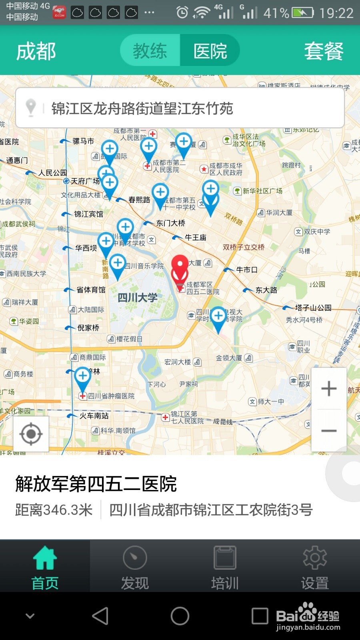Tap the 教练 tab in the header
[150, 51]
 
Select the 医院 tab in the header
[210, 51]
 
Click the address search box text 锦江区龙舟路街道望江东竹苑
[142, 108]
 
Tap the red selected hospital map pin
[180, 268]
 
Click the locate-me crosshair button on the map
[31, 434]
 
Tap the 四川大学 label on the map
[138, 298]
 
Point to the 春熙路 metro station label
[139, 200]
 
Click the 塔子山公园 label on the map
[313, 308]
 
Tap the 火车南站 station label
[94, 416]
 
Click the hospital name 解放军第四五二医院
[96, 484]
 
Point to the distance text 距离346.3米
[54, 510]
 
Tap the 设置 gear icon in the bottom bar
[315, 558]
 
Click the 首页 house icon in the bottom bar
[45, 558]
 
